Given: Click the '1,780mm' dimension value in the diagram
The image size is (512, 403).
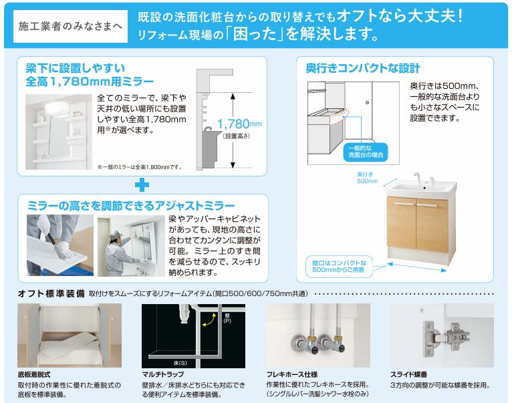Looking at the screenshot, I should click(236, 124).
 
